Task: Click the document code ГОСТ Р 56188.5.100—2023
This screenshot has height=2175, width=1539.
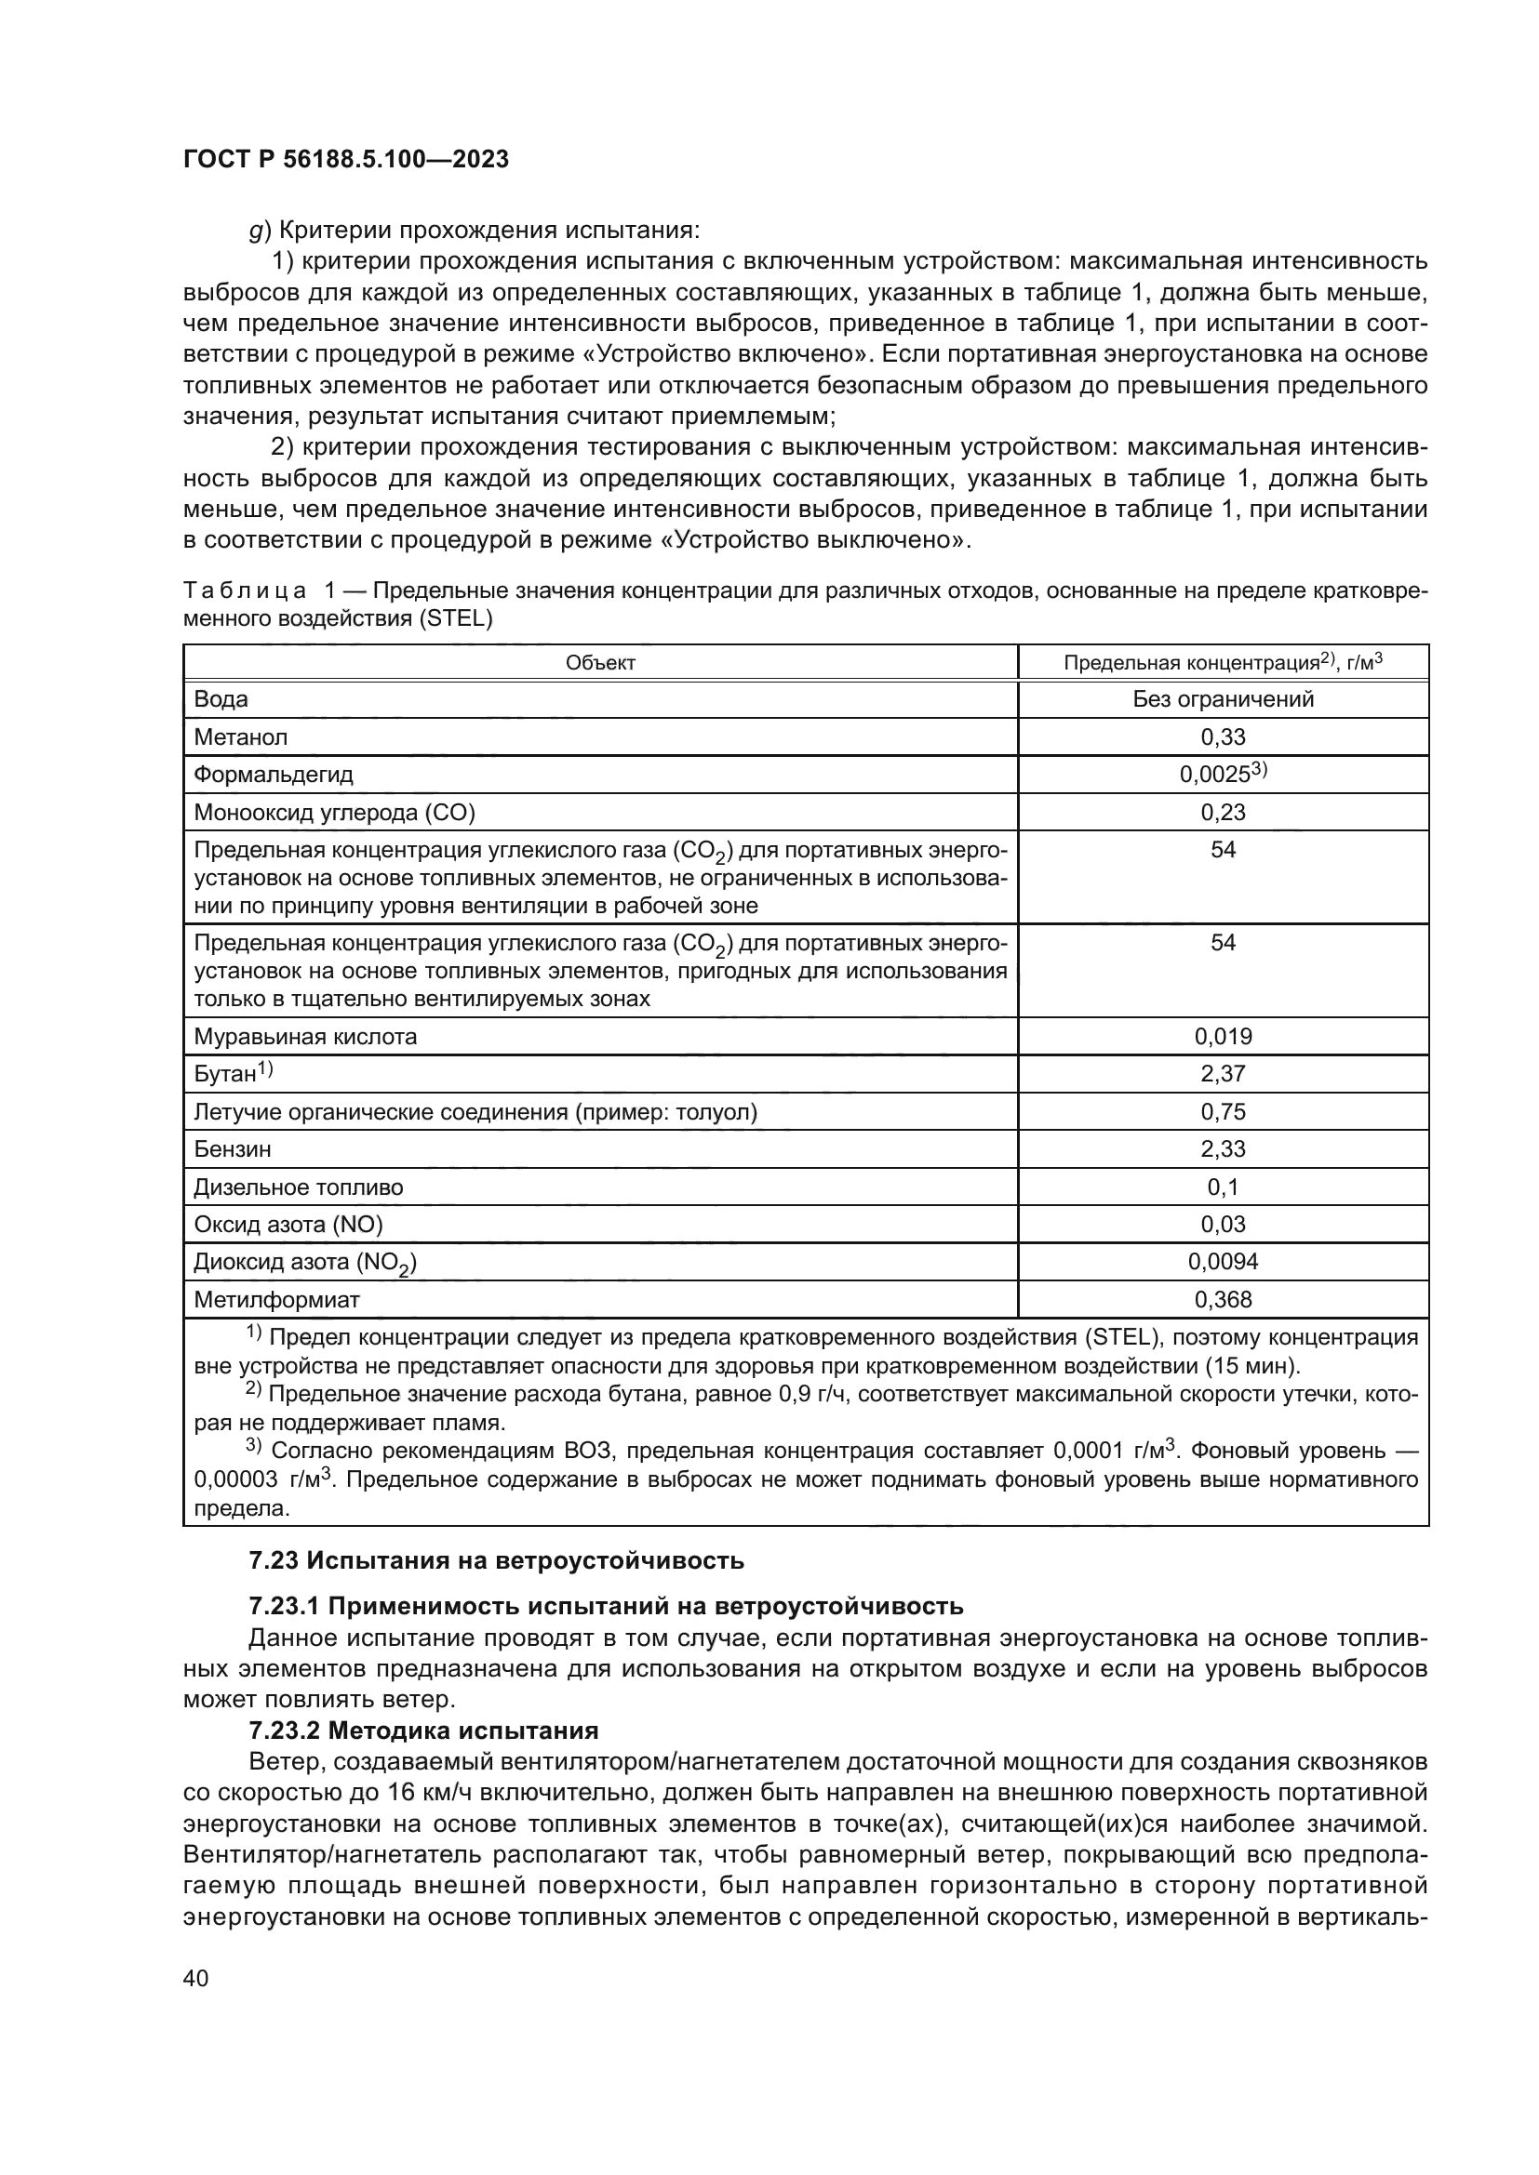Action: click(346, 159)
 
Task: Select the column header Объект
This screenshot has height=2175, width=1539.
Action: click(600, 663)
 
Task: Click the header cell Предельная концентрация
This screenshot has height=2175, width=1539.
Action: click(1223, 662)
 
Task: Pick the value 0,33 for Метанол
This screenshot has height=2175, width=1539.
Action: click(1223, 737)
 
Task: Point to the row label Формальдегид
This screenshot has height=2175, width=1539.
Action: click(273, 775)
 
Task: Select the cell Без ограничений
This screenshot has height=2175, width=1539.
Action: click(1223, 699)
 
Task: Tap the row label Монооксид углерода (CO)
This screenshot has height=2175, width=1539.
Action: click(335, 812)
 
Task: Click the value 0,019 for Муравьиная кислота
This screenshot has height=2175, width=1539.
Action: click(1223, 1036)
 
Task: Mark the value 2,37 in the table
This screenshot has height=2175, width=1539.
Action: click(1223, 1073)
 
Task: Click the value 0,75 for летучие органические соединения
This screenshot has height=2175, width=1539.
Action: click(1223, 1111)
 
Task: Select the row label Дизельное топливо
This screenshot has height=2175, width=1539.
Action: click(299, 1187)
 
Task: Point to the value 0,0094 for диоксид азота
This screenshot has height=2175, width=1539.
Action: click(1223, 1262)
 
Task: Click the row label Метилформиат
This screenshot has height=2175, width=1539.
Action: click(276, 1300)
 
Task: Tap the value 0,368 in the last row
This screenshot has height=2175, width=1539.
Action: click(1223, 1300)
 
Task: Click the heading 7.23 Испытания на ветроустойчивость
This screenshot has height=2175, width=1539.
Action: click(497, 1560)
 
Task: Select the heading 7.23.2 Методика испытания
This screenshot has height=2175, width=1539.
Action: click(423, 1731)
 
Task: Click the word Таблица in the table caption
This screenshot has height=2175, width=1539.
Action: click(245, 591)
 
